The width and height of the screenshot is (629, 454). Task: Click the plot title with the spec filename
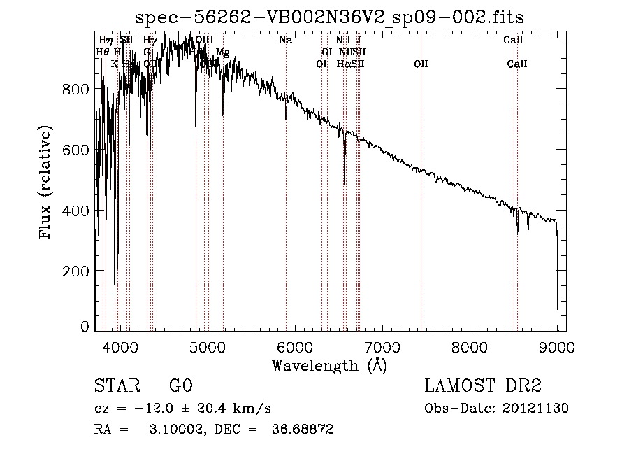point(330,17)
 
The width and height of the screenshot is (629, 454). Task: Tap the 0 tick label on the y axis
point(85,327)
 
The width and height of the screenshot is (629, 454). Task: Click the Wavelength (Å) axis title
point(329,365)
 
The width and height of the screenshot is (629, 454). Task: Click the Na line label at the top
point(285,41)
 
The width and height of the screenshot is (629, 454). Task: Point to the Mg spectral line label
point(222,52)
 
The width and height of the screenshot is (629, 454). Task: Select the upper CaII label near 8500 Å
point(510,41)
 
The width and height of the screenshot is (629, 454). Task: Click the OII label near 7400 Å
point(421,64)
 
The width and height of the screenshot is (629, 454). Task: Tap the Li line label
point(356,41)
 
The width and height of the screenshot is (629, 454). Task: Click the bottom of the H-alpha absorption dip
point(345,183)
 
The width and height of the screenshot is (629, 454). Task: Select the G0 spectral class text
point(180,387)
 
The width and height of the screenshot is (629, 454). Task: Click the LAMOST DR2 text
point(483,387)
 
